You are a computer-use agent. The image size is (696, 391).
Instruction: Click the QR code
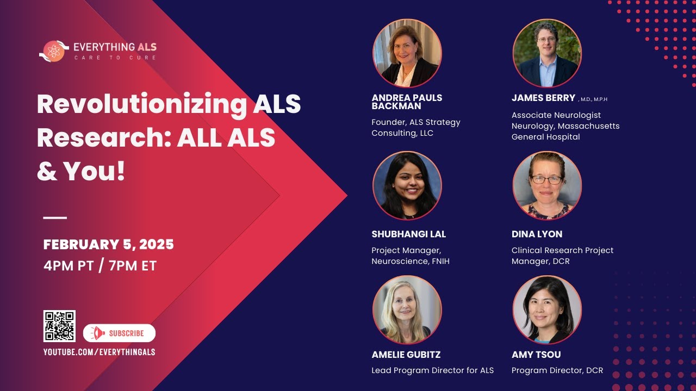(x=59, y=326)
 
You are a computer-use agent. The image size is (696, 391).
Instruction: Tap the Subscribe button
(x=119, y=333)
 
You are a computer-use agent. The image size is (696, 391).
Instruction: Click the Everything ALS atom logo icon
(x=54, y=51)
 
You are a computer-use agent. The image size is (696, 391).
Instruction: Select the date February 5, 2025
(x=108, y=245)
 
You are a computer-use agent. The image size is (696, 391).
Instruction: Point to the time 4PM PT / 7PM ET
(x=100, y=266)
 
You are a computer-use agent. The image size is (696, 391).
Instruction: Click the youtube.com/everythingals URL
(x=99, y=352)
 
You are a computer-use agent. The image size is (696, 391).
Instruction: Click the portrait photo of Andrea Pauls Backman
(x=407, y=53)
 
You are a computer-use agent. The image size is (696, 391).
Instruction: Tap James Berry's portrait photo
(x=547, y=53)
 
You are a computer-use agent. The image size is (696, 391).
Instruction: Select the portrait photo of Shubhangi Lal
(x=407, y=186)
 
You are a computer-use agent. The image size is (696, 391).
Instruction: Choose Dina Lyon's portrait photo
(x=547, y=186)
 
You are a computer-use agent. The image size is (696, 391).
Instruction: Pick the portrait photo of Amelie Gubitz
(x=407, y=310)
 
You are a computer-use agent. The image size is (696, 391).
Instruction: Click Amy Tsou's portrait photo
(x=547, y=310)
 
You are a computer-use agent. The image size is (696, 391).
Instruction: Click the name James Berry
(x=543, y=98)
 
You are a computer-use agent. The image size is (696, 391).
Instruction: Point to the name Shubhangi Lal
(x=408, y=234)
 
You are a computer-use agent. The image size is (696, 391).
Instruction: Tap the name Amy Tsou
(x=536, y=355)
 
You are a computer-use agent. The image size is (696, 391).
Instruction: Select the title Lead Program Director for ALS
(x=432, y=370)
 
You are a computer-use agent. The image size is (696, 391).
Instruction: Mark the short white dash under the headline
(x=55, y=218)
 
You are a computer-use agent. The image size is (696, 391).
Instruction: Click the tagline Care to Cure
(x=115, y=58)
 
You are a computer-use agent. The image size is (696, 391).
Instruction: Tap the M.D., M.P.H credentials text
(x=593, y=99)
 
